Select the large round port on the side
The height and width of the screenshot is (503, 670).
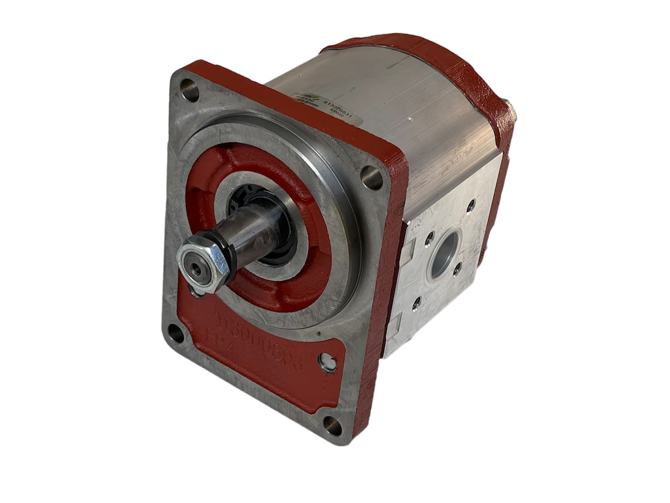click(x=446, y=254)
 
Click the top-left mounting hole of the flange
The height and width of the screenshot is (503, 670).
click(x=190, y=90)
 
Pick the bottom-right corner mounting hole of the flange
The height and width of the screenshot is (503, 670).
click(x=333, y=426)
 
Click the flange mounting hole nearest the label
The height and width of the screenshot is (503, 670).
click(x=372, y=177)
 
